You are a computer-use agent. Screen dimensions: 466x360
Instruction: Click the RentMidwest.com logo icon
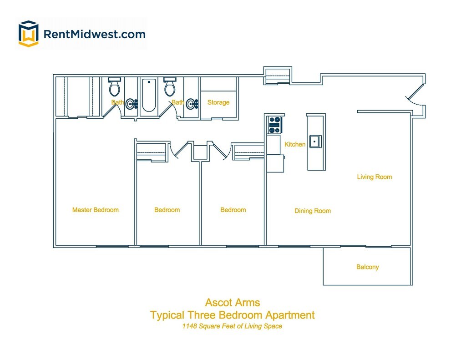[x=28, y=34]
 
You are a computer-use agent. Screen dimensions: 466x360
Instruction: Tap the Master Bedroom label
[x=95, y=210]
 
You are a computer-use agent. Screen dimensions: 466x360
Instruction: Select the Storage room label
[x=218, y=102]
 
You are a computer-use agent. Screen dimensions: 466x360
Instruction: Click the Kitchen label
[x=295, y=144]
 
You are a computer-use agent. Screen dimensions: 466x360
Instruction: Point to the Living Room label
[x=374, y=177]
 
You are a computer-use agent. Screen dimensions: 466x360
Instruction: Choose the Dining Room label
[x=312, y=211]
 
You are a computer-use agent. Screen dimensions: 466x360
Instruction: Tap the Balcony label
[x=367, y=267]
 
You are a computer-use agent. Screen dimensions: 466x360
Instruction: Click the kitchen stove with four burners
[x=275, y=125]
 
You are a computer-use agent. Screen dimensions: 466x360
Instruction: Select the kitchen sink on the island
[x=314, y=142]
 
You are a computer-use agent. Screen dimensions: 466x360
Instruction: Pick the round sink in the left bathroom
[x=131, y=104]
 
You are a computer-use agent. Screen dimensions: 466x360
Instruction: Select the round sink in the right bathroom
[x=191, y=104]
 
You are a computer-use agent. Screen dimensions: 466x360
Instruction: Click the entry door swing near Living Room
[x=415, y=98]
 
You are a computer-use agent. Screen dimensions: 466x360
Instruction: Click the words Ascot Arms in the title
[x=233, y=302]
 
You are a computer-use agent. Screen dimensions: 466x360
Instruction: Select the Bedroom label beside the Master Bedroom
[x=167, y=210]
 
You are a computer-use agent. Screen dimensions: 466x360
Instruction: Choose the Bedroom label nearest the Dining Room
[x=233, y=210]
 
